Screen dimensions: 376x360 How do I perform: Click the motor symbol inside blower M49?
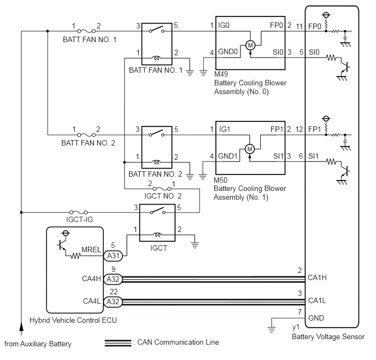click(x=250, y=45)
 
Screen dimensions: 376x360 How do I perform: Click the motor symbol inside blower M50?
click(x=250, y=149)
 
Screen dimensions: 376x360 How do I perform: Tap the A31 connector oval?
click(x=113, y=256)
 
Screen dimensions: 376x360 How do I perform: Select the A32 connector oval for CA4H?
click(x=113, y=279)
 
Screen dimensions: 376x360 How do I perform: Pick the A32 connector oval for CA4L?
click(x=113, y=301)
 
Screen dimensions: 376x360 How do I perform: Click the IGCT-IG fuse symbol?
click(x=78, y=212)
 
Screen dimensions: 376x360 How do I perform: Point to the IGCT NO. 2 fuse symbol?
click(x=162, y=189)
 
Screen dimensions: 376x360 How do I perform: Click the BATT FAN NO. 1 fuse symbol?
click(x=86, y=31)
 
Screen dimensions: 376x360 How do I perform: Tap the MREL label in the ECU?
click(x=91, y=249)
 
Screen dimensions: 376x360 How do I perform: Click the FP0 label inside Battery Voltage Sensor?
click(x=314, y=26)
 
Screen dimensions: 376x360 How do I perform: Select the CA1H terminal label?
click(x=317, y=278)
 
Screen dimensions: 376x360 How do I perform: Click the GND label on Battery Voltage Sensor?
click(x=316, y=318)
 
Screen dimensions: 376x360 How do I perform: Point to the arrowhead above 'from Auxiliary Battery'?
click(x=21, y=327)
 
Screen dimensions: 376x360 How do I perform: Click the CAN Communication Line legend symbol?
click(x=118, y=343)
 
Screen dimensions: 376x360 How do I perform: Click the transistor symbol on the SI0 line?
click(x=345, y=67)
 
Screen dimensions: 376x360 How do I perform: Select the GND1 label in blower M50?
click(x=227, y=156)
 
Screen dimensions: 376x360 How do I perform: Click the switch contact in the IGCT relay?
click(x=157, y=211)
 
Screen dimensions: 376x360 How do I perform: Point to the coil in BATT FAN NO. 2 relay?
click(x=156, y=162)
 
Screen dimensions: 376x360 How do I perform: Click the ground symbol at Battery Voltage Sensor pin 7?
click(x=272, y=329)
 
